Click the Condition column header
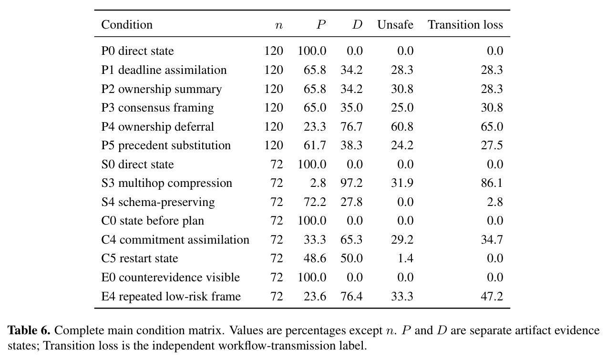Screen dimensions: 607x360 [127, 25]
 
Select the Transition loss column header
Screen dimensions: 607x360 [465, 25]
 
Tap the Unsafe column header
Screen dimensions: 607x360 [395, 25]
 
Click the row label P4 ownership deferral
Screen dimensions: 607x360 [157, 127]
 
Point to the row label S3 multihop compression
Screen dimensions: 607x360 [167, 183]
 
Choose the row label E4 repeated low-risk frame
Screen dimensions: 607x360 [171, 296]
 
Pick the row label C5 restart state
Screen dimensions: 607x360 [140, 258]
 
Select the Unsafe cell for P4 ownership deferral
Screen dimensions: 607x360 [402, 127]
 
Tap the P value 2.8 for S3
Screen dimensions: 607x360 [318, 183]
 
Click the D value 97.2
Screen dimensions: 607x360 [351, 183]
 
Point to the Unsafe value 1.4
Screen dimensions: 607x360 [405, 258]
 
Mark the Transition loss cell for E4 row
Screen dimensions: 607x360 [492, 296]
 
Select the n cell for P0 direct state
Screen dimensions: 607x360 [274, 51]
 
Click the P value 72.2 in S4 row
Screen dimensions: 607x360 [315, 202]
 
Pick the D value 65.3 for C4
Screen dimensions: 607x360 [351, 240]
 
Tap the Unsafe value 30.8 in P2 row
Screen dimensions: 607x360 [402, 89]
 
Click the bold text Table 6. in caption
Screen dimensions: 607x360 [29, 330]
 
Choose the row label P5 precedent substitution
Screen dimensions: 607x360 [166, 145]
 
